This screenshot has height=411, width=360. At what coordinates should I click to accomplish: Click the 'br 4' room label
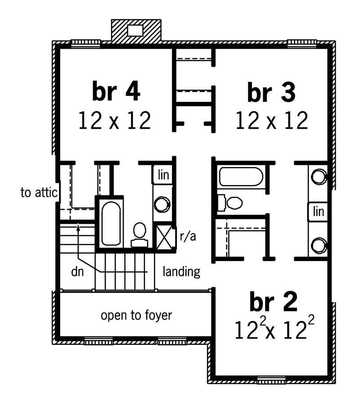coord(116,92)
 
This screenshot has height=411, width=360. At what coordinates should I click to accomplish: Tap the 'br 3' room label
coord(271,93)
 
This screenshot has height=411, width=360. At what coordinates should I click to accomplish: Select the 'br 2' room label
coord(273,303)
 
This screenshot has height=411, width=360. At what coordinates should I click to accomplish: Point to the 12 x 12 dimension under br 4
coord(114,121)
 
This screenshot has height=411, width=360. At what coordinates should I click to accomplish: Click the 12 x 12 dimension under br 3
coord(271,121)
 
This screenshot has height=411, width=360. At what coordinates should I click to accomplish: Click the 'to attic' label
coord(39,193)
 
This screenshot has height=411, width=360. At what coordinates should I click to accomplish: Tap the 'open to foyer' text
coord(136,315)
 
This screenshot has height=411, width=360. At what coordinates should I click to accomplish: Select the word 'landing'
coord(181,271)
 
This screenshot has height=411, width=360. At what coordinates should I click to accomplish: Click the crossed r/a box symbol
coord(164,235)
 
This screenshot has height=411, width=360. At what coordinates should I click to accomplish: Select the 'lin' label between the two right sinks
coord(319,212)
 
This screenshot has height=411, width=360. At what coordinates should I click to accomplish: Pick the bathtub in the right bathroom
coord(241,176)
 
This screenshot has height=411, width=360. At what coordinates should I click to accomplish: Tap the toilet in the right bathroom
coord(231,202)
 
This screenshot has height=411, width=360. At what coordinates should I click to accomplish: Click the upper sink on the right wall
coord(319,176)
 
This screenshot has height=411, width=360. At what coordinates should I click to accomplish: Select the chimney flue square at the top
coord(135,30)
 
